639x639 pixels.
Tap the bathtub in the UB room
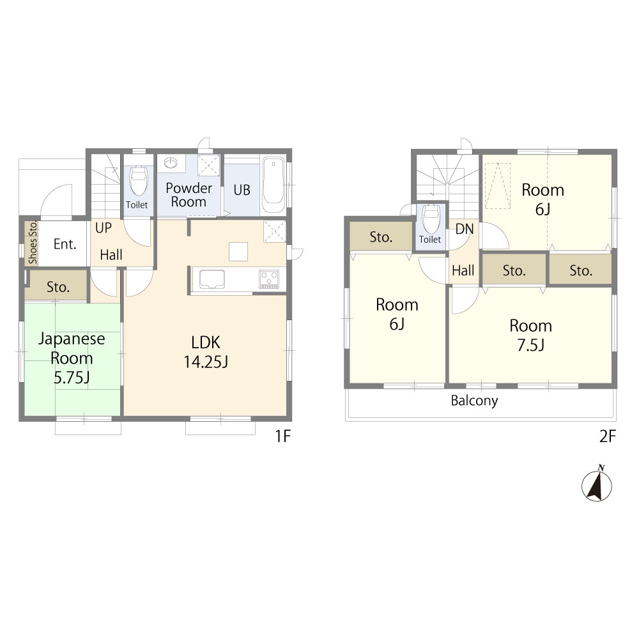pos(273,185)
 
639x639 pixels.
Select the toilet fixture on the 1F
pos(138,181)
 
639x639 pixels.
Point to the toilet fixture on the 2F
pos(431,218)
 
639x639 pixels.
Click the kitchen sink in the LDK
pos(212,279)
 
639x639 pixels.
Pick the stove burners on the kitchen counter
pos(269,279)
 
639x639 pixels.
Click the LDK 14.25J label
pos(206,352)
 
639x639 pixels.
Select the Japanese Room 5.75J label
pos(72,358)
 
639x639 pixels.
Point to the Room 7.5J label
pos(530,335)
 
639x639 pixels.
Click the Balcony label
pos(474,401)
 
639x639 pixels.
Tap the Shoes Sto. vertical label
pos(33,242)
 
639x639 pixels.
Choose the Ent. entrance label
pos(65,244)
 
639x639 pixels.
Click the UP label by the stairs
pos(104,228)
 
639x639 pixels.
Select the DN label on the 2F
pos(465,229)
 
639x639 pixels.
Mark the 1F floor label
pos(283,436)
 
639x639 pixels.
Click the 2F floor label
pos(608,436)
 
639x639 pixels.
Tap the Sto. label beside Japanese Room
pos(58,288)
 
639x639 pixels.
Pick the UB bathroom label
pos(242,190)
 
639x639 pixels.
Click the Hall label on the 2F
pos(463,270)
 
